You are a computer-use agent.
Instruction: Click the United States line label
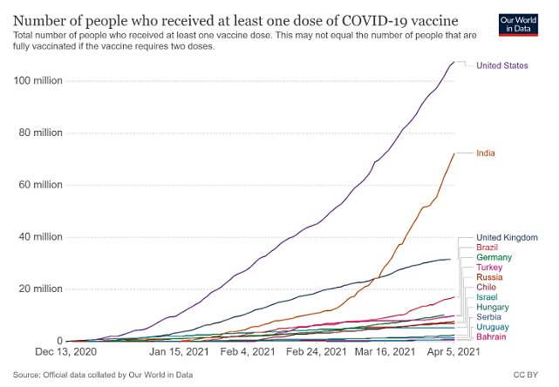pos(502,66)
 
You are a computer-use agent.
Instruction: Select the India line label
pos(486,153)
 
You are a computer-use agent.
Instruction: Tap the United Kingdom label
pos(506,238)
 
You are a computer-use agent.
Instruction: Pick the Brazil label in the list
pos(487,248)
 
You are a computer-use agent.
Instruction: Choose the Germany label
pos(494,258)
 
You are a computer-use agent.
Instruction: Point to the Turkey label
pos(489,268)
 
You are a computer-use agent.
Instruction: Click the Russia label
pos(489,277)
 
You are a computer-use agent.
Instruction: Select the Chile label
pos(487,288)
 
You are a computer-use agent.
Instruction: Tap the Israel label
pos(487,297)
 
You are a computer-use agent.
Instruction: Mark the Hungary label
pos(493,307)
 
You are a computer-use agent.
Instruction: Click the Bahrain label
pos(492,336)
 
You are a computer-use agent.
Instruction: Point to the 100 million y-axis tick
pos(41,81)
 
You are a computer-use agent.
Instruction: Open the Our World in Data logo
pos(528,24)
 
